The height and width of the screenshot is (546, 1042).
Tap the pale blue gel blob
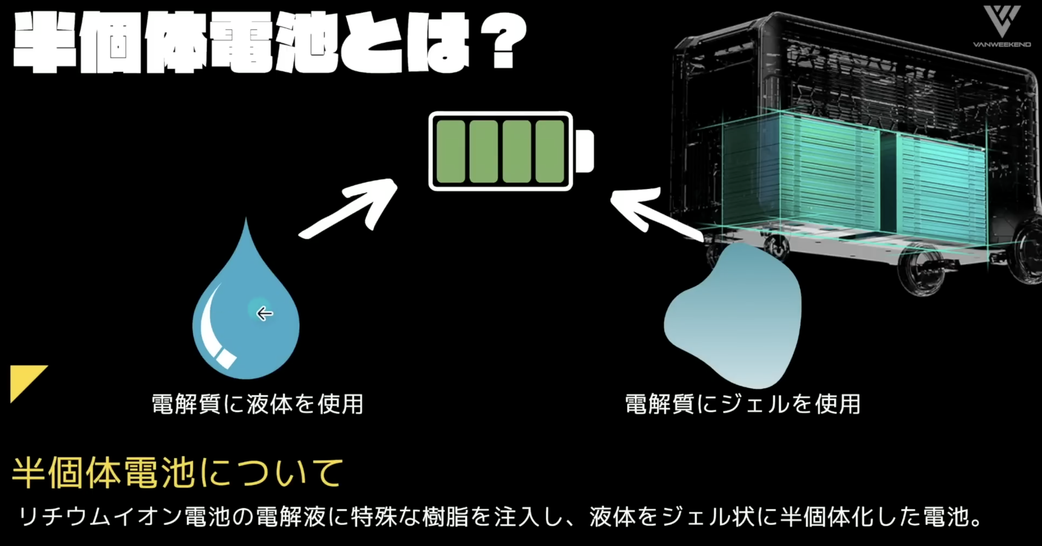(734, 322)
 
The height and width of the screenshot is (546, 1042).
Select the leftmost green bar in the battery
(450, 151)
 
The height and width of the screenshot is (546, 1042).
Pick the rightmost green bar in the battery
(550, 151)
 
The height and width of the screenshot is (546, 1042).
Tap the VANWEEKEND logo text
(1002, 45)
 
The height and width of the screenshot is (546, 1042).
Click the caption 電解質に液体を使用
(257, 404)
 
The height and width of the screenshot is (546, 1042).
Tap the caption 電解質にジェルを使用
(742, 404)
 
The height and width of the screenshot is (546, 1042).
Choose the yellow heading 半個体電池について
(178, 473)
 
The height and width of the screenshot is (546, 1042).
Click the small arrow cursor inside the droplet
(264, 314)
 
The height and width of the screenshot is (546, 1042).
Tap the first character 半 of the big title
(44, 44)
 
